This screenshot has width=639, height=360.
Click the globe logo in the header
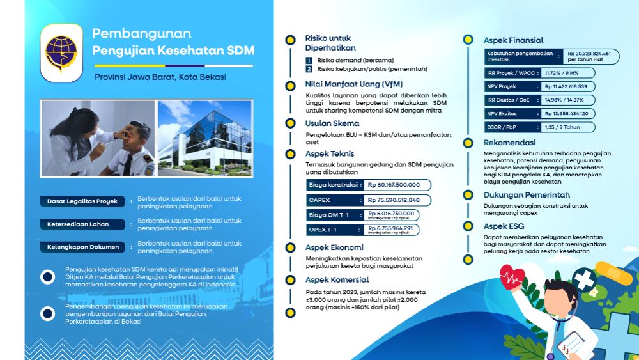(x=61, y=52)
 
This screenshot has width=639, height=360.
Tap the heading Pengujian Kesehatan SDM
(x=173, y=51)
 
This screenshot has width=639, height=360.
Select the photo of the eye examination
(x=98, y=138)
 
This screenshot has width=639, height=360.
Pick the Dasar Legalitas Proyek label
(x=82, y=201)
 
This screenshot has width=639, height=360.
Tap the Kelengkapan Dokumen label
(x=82, y=247)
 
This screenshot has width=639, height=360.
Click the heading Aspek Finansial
(x=514, y=40)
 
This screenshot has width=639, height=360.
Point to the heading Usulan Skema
(x=332, y=123)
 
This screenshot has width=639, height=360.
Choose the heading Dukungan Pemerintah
(x=527, y=195)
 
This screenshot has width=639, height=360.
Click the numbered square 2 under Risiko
(x=309, y=69)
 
